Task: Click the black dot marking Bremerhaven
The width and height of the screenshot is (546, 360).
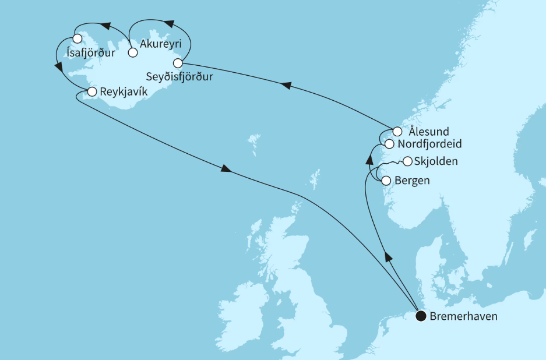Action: (x=420, y=317)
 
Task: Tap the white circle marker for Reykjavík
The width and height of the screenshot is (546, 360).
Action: (x=91, y=91)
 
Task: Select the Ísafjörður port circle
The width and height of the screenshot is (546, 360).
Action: (x=77, y=39)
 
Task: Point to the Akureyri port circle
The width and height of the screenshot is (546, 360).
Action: (x=132, y=53)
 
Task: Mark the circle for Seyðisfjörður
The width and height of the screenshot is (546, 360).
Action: (x=178, y=63)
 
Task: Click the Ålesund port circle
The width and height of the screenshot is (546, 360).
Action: (x=397, y=131)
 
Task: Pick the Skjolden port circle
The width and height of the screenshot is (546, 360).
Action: (x=408, y=161)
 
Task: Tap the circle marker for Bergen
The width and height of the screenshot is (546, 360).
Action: (x=385, y=181)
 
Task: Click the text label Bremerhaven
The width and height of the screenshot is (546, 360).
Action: (x=464, y=317)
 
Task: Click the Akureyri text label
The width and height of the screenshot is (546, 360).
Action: (x=156, y=43)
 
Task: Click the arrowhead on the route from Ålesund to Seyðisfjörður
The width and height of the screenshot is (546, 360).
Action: (x=286, y=86)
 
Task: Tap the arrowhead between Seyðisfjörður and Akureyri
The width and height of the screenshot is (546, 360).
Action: (x=168, y=23)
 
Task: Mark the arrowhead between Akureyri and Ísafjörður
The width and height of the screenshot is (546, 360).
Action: (x=105, y=26)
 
